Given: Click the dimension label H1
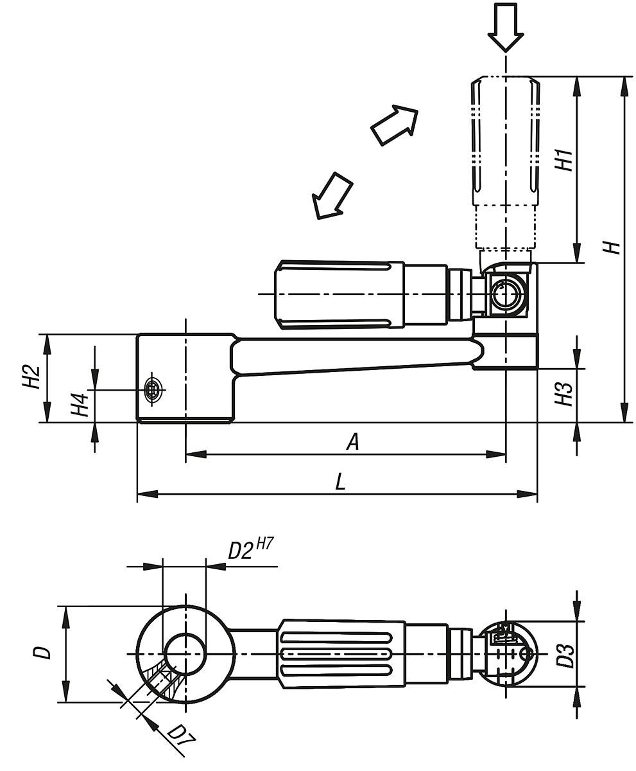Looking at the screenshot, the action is click(x=563, y=160).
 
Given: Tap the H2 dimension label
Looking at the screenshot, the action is click(x=31, y=377).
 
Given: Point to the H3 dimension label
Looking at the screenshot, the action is click(x=563, y=394).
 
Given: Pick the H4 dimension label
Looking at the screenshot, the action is click(x=80, y=404).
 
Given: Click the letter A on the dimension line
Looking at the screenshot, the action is click(x=353, y=441).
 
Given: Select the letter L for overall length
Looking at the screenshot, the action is click(x=340, y=483).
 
